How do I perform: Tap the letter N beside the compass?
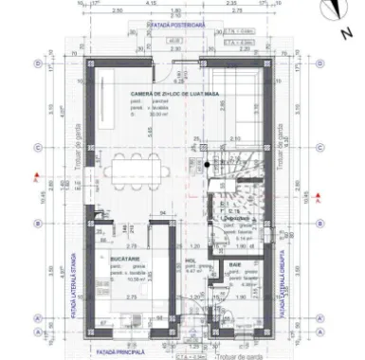tap(347, 33)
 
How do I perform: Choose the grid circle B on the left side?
tap(37, 224)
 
